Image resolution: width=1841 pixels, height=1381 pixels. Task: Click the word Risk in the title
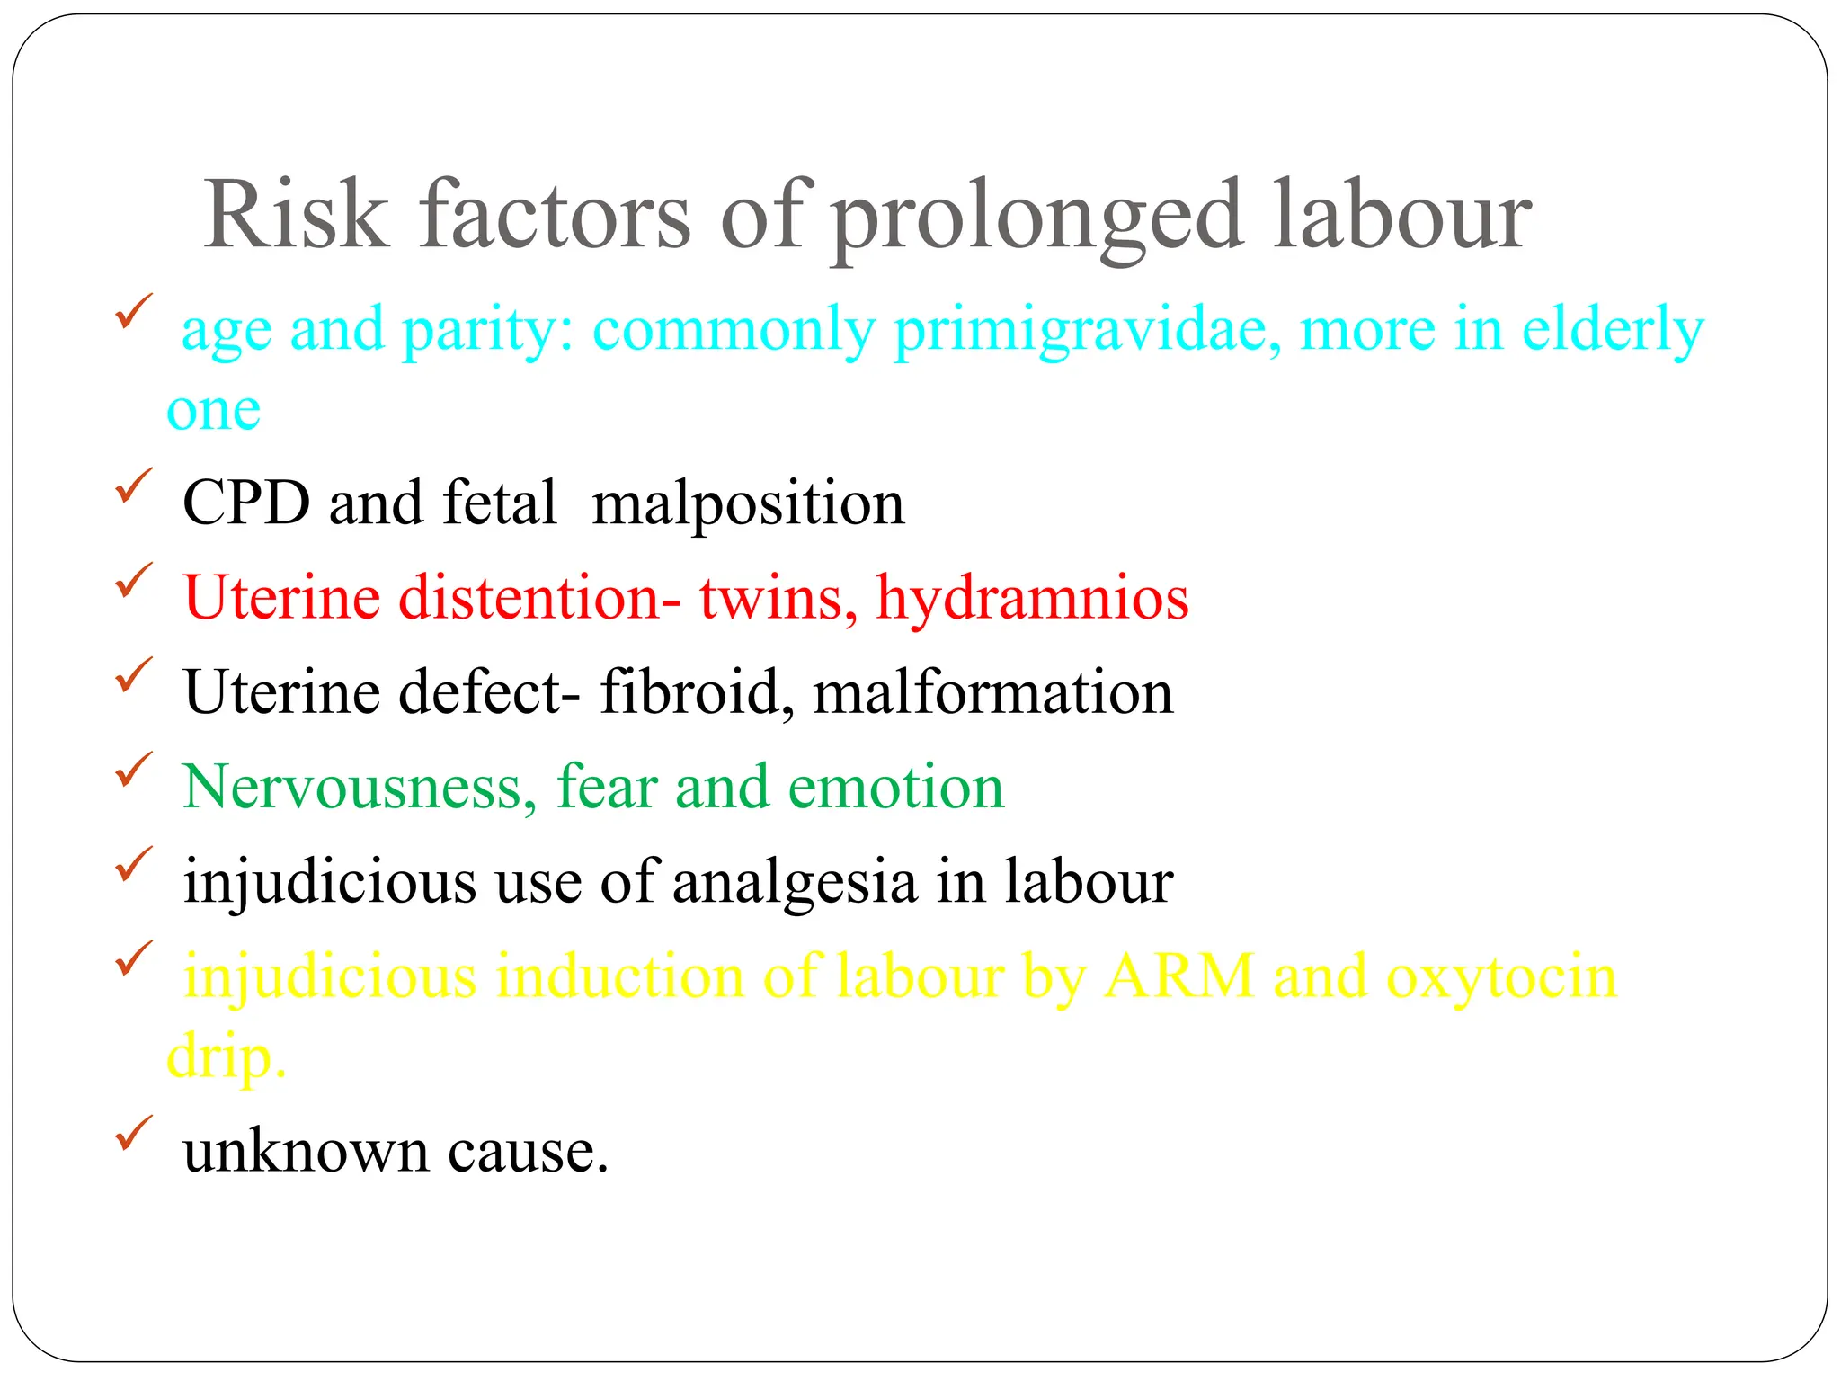pyautogui.click(x=296, y=216)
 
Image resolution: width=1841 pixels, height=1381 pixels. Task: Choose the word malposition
pyautogui.click(x=748, y=504)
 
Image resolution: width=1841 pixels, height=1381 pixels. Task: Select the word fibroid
pyautogui.click(x=697, y=692)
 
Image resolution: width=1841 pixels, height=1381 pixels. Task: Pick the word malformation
pyautogui.click(x=992, y=692)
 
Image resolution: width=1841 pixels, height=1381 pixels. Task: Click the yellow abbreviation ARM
pyautogui.click(x=1178, y=976)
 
